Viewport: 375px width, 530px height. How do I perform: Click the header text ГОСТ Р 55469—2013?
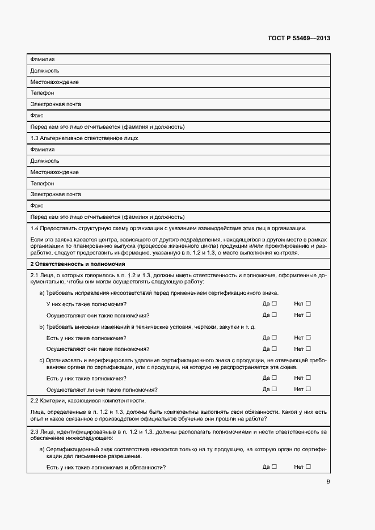point(299,39)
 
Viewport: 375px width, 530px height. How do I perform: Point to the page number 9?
point(328,482)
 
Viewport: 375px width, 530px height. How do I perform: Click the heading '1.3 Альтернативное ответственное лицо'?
point(85,138)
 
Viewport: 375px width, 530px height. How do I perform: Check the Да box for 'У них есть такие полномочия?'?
point(274,304)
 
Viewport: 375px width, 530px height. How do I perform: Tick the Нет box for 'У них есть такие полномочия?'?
point(309,304)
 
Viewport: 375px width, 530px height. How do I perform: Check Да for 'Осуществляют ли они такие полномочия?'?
point(274,389)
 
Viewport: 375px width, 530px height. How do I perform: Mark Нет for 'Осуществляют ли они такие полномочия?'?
point(309,389)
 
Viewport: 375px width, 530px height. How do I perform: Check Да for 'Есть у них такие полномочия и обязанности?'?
point(274,467)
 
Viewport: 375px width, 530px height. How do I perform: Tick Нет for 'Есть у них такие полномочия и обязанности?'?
point(309,467)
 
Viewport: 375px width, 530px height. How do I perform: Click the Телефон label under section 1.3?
point(43,183)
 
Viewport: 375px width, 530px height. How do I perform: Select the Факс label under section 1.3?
point(37,206)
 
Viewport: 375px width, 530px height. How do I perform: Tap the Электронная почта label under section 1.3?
point(56,194)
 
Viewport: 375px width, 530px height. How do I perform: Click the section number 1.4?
point(35,228)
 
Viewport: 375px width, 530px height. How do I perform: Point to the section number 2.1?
point(35,275)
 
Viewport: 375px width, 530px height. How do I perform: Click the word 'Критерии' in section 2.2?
point(52,401)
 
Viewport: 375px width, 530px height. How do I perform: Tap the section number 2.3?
point(35,433)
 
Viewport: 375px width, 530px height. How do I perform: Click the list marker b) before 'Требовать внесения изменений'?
point(41,327)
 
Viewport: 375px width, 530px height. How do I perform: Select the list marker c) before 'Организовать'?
point(41,361)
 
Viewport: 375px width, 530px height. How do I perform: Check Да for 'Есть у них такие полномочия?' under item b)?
point(274,338)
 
